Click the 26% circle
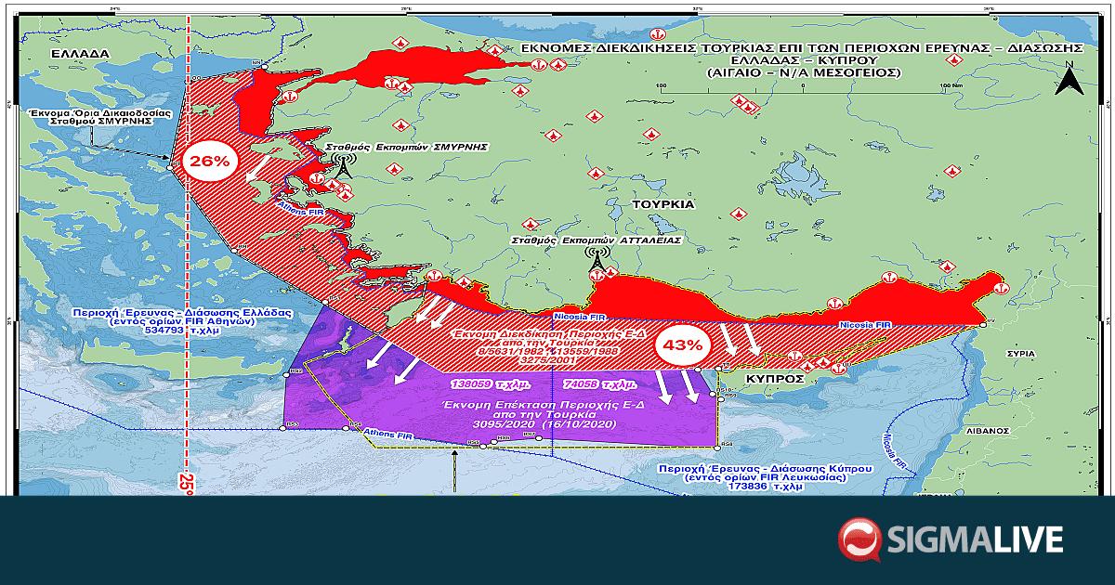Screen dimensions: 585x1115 pos(209,161)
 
